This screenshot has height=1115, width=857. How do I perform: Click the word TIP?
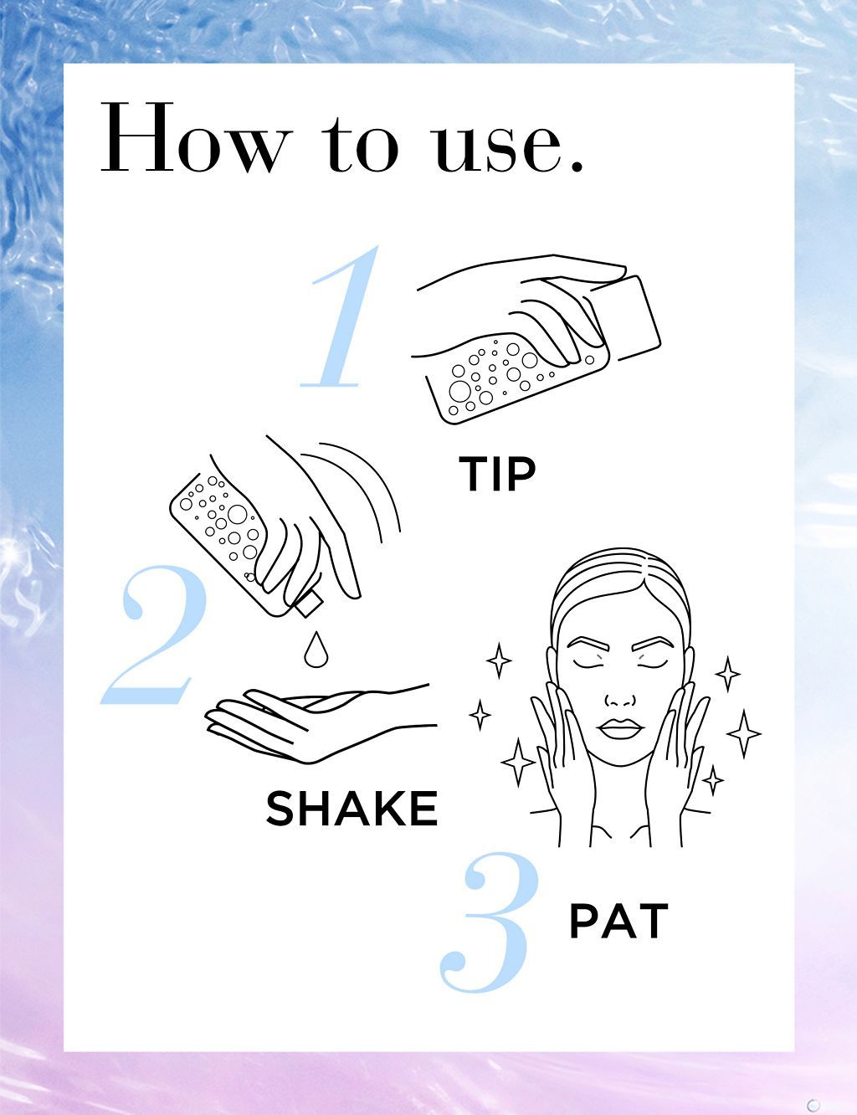click(497, 474)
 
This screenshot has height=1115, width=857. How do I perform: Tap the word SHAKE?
click(352, 808)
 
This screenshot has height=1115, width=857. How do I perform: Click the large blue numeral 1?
click(340, 316)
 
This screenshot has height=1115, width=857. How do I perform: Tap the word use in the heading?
click(497, 147)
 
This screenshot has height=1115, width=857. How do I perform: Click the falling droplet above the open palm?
click(316, 650)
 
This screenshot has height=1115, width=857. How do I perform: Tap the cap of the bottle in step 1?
click(626, 318)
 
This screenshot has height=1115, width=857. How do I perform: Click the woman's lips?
click(620, 728)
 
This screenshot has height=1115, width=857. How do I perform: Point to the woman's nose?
click(620, 699)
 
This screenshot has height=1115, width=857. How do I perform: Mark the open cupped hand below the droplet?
click(318, 723)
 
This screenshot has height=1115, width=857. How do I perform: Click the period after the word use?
click(577, 165)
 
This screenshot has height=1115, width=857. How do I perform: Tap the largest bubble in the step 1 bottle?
click(460, 390)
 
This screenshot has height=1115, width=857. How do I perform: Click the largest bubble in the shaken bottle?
click(237, 514)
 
